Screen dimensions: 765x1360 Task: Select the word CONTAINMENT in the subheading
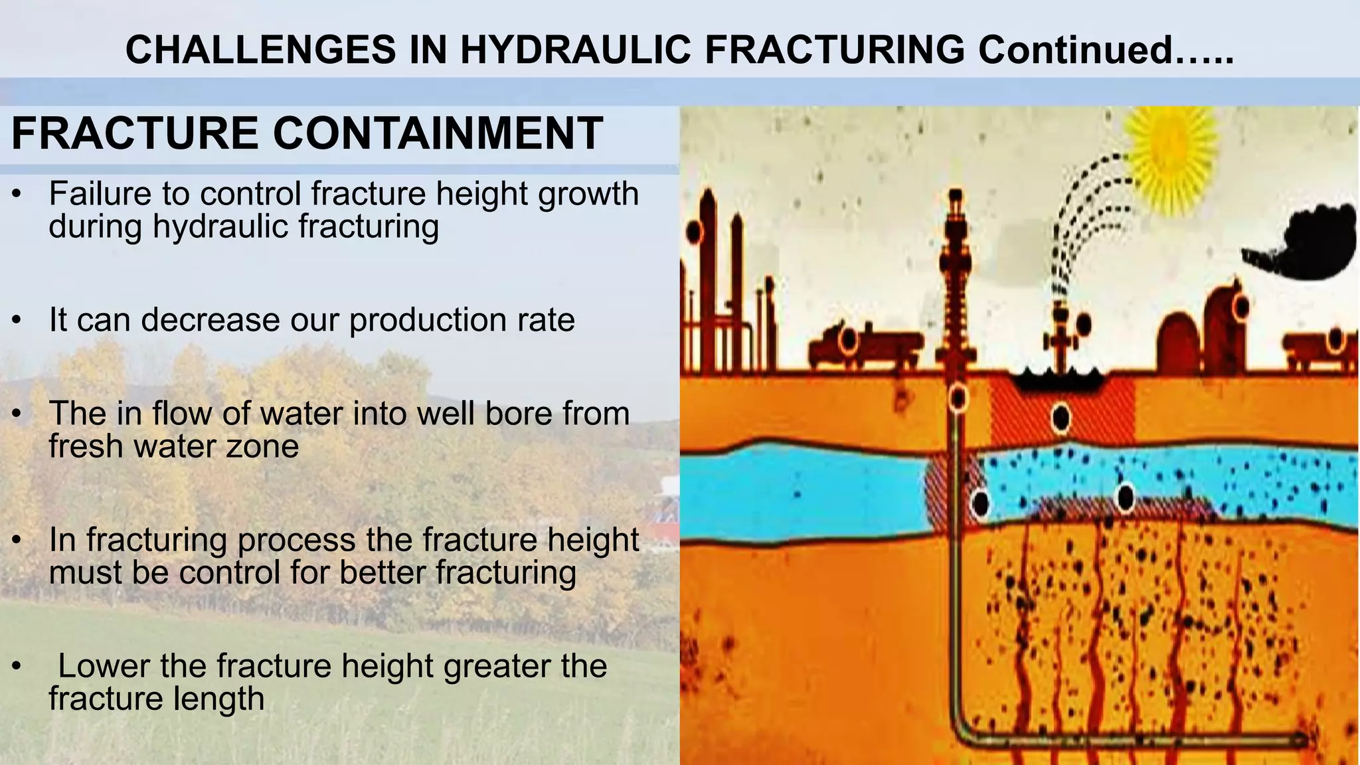pyautogui.click(x=438, y=133)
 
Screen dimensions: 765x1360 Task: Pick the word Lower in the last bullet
pyautogui.click(x=103, y=666)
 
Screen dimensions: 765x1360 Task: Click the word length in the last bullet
pyautogui.click(x=226, y=699)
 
